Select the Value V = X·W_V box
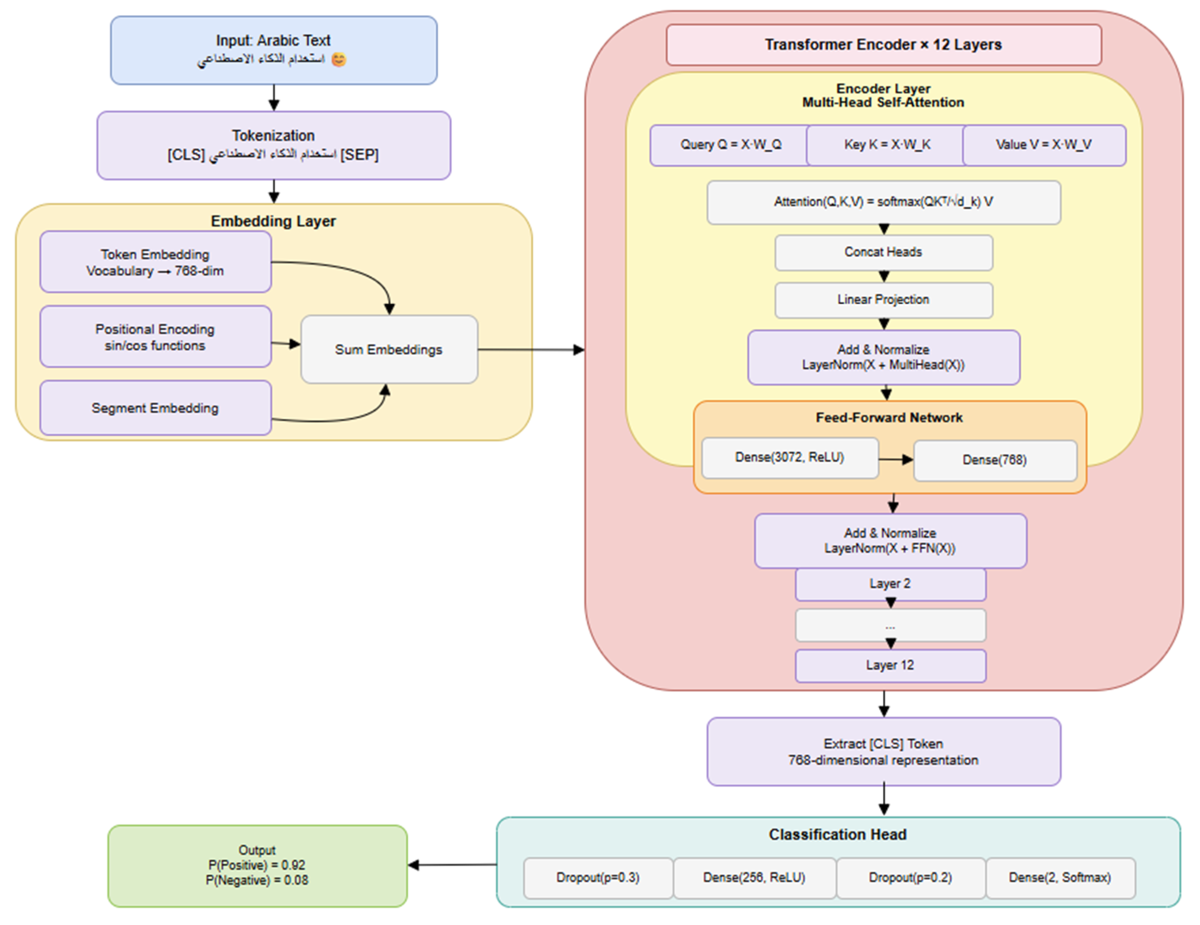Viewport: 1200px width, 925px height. [x=1044, y=145]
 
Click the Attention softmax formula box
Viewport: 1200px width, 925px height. [x=884, y=202]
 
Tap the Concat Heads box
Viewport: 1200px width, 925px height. [x=884, y=252]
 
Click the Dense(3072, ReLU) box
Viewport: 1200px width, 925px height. [x=790, y=458]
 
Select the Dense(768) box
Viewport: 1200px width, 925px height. [x=995, y=460]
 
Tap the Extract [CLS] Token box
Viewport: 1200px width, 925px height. [x=884, y=751]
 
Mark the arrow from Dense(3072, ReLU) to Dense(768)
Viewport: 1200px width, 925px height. [x=896, y=459]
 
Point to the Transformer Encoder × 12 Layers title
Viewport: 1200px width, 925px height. [x=884, y=44]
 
